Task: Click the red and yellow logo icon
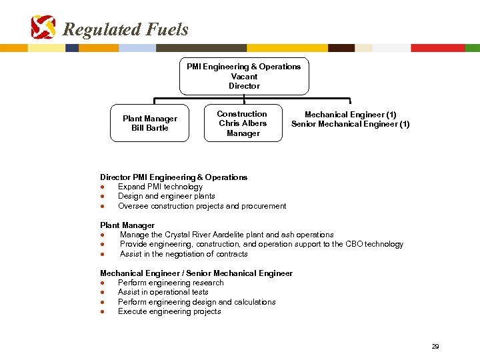[43, 27]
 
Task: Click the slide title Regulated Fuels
[125, 29]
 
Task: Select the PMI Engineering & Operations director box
[244, 76]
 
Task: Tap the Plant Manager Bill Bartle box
[150, 123]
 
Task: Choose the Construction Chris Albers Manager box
[243, 123]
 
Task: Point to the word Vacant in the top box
[244, 77]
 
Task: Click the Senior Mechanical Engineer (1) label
[351, 124]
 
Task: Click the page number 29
[435, 347]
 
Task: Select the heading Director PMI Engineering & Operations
[173, 177]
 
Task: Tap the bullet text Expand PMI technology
[160, 187]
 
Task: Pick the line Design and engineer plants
[166, 196]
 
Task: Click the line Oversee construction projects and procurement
[202, 206]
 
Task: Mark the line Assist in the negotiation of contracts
[183, 254]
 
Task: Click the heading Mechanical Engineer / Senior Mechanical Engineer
[196, 273]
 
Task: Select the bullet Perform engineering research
[171, 283]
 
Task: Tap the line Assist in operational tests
[163, 292]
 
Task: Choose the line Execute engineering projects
[169, 311]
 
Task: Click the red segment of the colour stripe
[437, 48]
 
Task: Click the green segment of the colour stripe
[472, 48]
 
